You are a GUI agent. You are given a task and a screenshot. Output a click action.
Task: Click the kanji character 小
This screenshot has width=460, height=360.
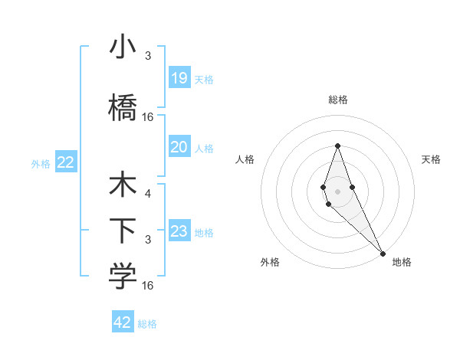tap(123, 48)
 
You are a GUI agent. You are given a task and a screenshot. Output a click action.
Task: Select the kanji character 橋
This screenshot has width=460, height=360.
tap(123, 107)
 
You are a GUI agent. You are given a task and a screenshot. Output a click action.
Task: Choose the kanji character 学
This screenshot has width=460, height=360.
tap(123, 277)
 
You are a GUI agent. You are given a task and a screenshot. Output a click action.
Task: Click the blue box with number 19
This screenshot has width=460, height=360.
tap(179, 77)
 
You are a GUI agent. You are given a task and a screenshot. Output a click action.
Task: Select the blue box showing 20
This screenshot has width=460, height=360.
tap(179, 147)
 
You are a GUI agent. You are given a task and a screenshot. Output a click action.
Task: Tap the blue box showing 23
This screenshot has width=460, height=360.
tap(179, 231)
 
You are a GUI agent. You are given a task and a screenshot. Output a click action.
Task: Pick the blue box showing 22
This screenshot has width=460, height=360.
tap(65, 162)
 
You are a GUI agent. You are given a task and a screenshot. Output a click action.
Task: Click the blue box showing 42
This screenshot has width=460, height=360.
tap(123, 322)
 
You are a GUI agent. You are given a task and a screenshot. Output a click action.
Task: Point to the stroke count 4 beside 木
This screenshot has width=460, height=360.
tap(147, 194)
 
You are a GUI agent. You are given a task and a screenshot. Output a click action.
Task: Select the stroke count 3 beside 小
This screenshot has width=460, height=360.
tap(147, 56)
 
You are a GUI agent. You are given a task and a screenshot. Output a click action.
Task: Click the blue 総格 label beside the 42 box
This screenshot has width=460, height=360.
tap(147, 324)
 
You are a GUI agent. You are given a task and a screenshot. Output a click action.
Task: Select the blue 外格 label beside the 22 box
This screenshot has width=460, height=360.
tap(41, 163)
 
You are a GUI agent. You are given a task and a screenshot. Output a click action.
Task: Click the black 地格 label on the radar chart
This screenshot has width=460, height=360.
tap(402, 262)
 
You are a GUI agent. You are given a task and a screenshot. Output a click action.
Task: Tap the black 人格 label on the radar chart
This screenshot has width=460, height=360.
tap(245, 159)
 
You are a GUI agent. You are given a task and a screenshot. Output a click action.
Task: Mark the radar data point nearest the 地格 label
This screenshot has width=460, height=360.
tap(382, 252)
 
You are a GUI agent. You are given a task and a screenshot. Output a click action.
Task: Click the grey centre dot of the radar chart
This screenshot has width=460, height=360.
tap(337, 191)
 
